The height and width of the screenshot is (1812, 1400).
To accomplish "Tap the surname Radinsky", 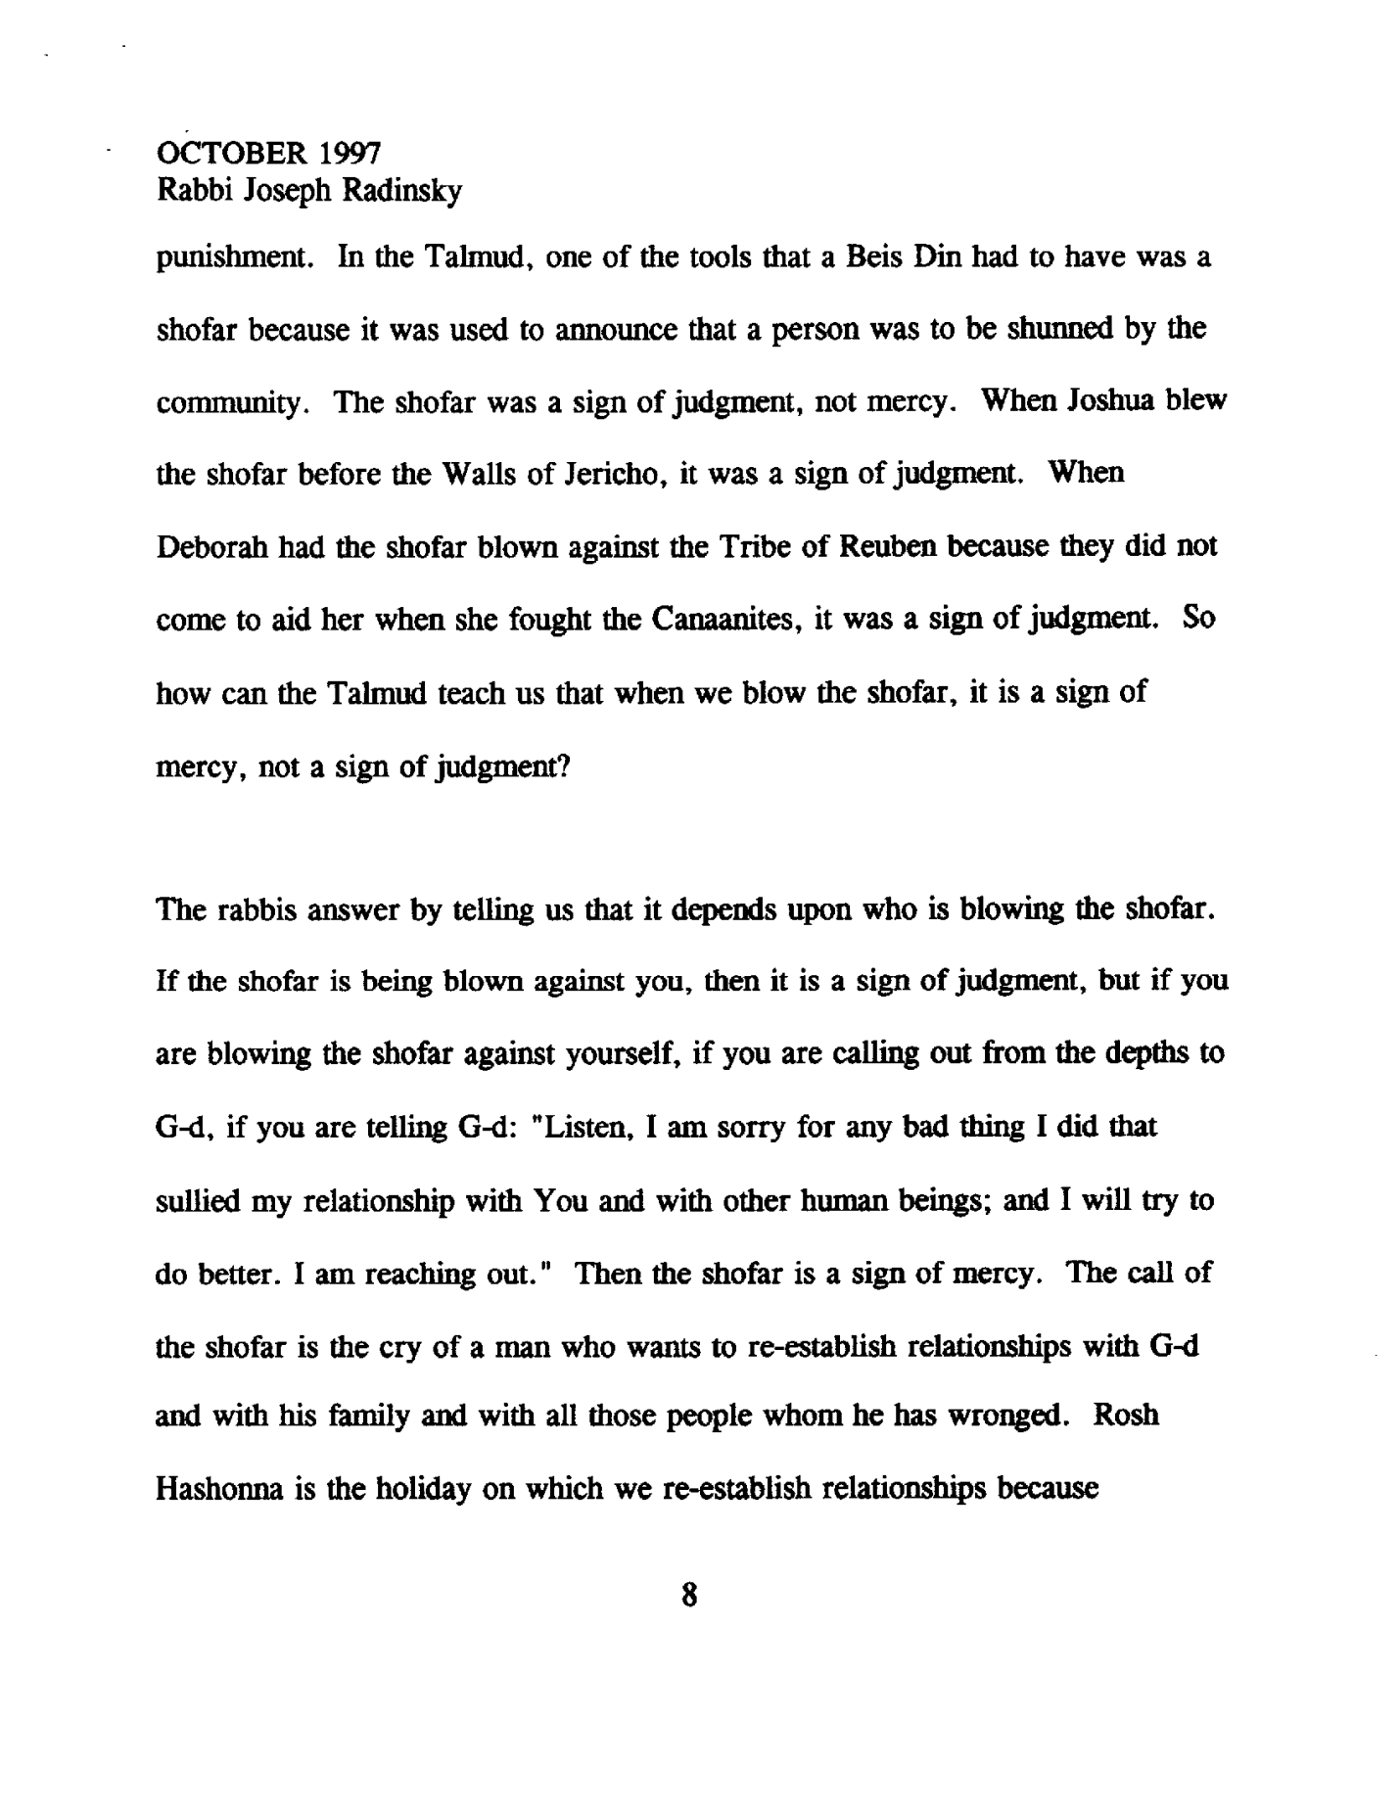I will [x=400, y=192].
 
